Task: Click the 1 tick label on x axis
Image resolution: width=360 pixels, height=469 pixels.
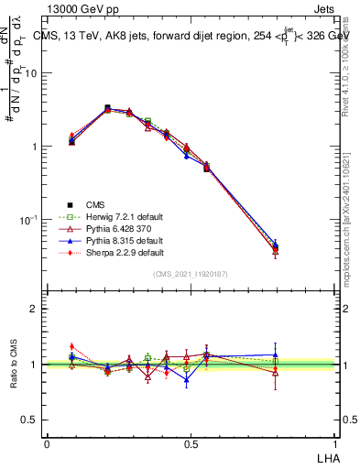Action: (333, 443)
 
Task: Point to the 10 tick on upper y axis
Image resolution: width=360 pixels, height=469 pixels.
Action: (33, 73)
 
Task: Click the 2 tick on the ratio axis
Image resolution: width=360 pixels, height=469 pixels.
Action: (34, 309)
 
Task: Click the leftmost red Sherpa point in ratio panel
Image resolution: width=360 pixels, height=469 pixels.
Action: (72, 346)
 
